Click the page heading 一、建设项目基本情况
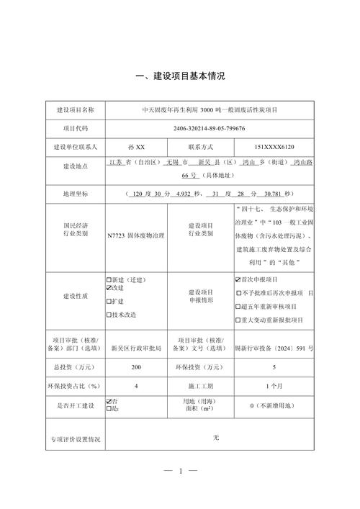(180, 76)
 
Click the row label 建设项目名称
(75, 109)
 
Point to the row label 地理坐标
(75, 194)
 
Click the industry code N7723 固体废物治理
(136, 235)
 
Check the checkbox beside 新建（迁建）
(109, 279)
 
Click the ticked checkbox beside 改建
(109, 288)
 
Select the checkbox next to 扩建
(109, 301)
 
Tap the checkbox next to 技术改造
(109, 315)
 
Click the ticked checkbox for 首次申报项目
(238, 279)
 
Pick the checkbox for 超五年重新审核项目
(238, 306)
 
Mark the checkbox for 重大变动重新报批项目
(238, 319)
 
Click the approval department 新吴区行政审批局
(136, 347)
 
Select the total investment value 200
(136, 366)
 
